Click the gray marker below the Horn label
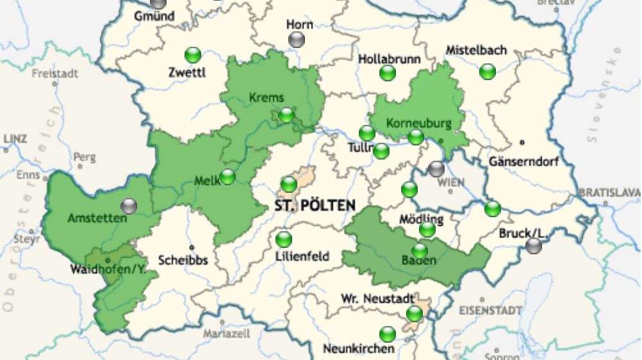(x=297, y=40)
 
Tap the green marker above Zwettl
(x=192, y=54)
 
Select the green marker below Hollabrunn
(x=388, y=73)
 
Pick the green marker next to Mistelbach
(x=488, y=71)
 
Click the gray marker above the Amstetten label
(x=129, y=206)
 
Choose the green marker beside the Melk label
(x=227, y=177)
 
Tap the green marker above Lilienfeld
(x=283, y=240)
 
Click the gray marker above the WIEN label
(x=436, y=169)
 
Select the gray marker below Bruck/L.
(x=534, y=246)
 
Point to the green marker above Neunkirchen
(x=388, y=334)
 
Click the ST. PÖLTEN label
(x=315, y=206)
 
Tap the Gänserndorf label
(x=523, y=161)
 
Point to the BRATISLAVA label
(x=609, y=192)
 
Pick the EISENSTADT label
(x=490, y=311)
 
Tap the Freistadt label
(x=55, y=73)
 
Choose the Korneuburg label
(x=418, y=123)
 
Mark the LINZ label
(x=15, y=138)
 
